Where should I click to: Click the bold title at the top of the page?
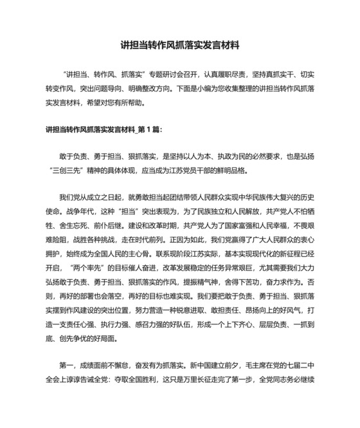[x=179, y=46]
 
